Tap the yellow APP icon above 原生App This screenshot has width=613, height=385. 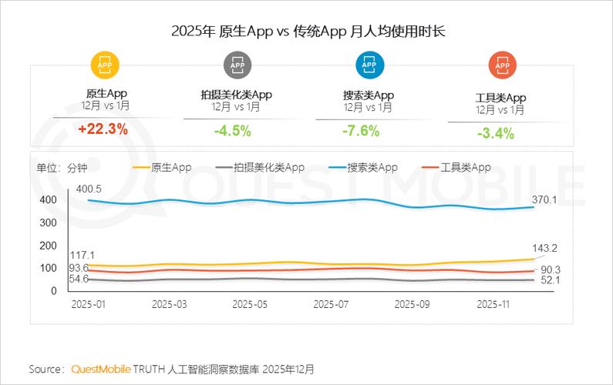[106, 65]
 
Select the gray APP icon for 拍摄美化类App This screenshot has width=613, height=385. [237, 65]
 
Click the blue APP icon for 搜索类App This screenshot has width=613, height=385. [369, 65]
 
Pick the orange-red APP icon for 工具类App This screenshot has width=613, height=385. [501, 66]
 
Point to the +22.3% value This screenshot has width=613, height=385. [103, 129]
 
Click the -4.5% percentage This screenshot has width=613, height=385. [232, 130]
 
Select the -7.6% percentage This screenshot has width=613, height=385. [361, 130]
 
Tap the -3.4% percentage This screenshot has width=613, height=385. [495, 132]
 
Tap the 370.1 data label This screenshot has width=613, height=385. [544, 199]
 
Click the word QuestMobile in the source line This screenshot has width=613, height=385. [101, 370]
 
